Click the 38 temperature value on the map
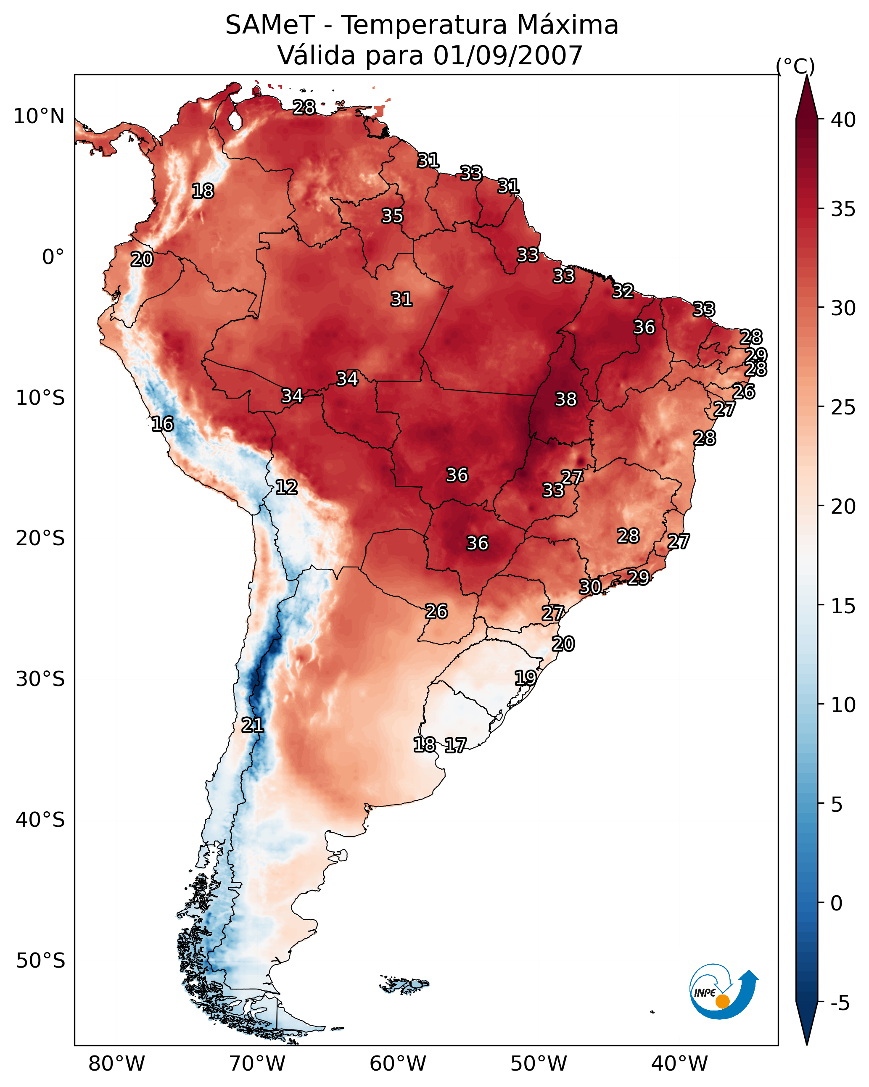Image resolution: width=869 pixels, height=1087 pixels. [565, 399]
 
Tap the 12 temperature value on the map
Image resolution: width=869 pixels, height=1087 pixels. [286, 487]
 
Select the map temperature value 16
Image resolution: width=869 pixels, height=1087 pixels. [162, 424]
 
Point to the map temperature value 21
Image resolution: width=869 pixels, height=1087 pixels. [252, 725]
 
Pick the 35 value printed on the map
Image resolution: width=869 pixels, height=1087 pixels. [392, 216]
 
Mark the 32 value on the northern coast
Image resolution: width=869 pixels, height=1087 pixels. [623, 291]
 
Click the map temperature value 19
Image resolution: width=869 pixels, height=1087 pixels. [525, 678]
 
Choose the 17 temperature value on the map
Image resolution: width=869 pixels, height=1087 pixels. [455, 745]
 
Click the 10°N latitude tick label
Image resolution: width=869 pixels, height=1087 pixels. [39, 116]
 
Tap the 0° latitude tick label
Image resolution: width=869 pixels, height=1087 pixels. [53, 257]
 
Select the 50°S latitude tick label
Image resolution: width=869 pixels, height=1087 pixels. [40, 960]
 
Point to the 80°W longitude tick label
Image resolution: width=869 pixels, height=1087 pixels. [116, 1063]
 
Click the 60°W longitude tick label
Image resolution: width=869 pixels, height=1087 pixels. [398, 1063]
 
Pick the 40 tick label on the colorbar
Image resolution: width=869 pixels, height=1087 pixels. [843, 120]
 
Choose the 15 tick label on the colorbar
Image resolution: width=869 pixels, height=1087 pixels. [843, 606]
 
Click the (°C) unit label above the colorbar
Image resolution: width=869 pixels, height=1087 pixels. [795, 66]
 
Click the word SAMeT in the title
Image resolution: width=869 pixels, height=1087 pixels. [270, 25]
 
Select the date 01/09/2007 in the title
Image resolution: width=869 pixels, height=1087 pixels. [508, 55]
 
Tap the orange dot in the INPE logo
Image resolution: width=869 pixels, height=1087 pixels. [722, 1001]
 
